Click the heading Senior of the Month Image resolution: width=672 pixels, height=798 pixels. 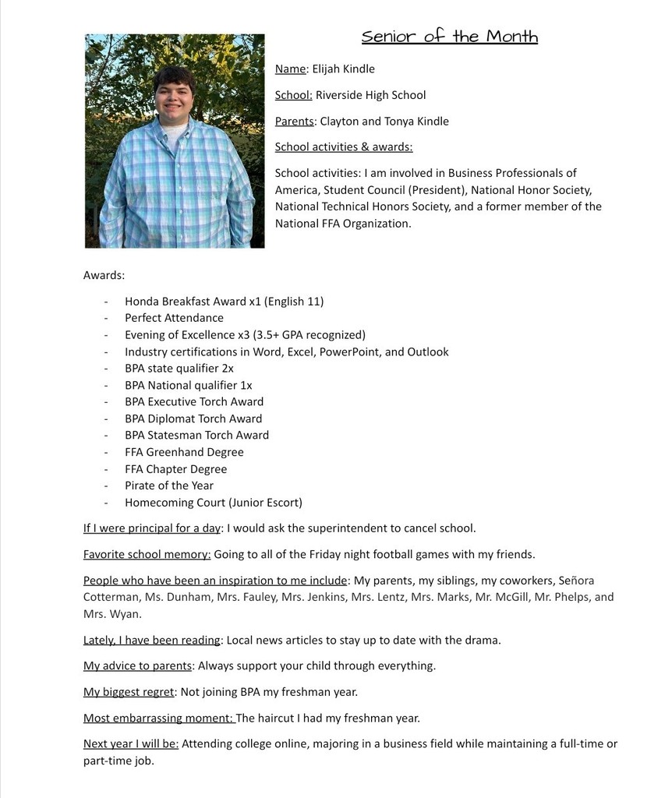click(x=449, y=37)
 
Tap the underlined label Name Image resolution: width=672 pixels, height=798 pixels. click(x=291, y=69)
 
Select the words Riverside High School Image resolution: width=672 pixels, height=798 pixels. click(x=370, y=95)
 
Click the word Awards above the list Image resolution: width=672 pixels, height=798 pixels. click(x=104, y=275)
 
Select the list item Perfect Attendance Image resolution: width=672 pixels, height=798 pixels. click(x=174, y=318)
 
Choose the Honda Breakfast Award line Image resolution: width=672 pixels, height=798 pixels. click(x=224, y=302)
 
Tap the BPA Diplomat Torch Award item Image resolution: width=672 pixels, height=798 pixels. click(x=193, y=418)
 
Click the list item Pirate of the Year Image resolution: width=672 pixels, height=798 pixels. click(x=169, y=486)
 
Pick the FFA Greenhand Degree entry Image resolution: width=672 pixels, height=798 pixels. click(x=184, y=452)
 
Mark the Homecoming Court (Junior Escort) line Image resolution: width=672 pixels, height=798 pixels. click(x=214, y=503)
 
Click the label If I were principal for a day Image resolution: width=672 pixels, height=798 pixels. click(x=152, y=528)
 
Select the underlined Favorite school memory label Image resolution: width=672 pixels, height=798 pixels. click(x=147, y=555)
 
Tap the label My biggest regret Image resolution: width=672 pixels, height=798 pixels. click(x=129, y=692)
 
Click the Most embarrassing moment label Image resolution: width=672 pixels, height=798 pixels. click(x=158, y=719)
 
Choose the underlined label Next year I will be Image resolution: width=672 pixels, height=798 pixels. click(x=131, y=744)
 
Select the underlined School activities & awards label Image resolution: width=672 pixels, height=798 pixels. click(x=344, y=147)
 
